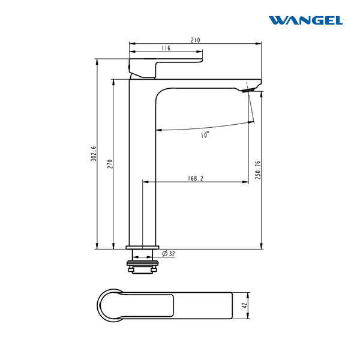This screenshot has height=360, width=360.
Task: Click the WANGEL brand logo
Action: (x=305, y=20)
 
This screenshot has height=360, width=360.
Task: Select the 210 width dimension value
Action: (x=196, y=40)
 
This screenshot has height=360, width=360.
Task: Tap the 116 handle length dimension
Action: (x=166, y=48)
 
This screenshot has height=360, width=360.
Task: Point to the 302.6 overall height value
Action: (x=94, y=154)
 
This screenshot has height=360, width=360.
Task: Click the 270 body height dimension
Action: (x=110, y=164)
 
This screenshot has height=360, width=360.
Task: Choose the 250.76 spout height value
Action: (x=258, y=170)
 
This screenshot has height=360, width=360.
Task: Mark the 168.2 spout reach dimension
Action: (x=196, y=178)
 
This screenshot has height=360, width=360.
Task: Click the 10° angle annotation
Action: (x=205, y=134)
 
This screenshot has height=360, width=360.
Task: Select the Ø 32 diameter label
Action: (x=169, y=254)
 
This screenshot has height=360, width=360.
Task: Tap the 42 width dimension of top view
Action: (x=245, y=305)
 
